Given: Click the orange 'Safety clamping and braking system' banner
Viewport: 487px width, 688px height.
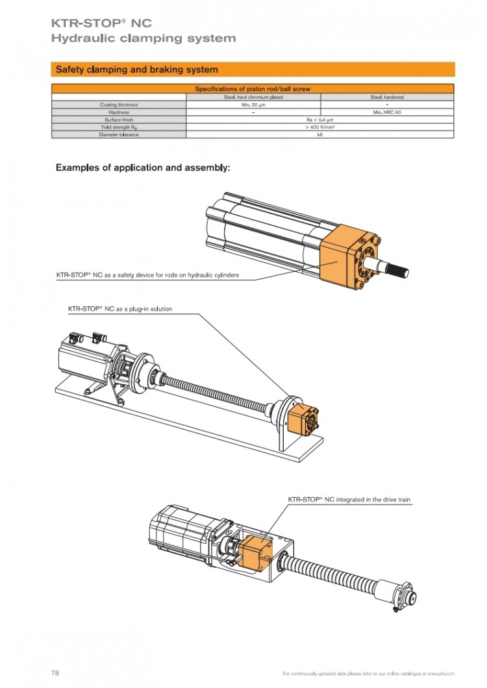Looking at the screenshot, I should coord(253,69).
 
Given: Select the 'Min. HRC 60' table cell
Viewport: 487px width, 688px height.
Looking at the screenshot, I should coord(387,112).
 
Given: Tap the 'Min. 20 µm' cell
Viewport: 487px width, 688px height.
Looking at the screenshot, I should coord(253,104).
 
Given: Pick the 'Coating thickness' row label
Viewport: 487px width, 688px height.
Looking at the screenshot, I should coord(119,104).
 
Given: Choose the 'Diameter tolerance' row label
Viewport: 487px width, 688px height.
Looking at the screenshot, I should coord(119,134).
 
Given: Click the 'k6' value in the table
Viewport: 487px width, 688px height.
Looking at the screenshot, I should coord(320,134).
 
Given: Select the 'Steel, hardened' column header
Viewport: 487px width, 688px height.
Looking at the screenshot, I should coord(387,97).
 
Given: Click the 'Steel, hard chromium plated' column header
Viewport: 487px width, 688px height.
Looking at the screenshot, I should coord(253,97).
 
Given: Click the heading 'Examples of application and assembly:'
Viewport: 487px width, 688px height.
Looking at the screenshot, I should coord(143,168).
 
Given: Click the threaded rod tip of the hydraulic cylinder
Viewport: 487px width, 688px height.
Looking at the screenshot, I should coord(400,271).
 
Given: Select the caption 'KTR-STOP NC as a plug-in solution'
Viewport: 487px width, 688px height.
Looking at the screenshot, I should coord(120,309).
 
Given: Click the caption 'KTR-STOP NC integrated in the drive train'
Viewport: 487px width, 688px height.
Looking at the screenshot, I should coord(349,500).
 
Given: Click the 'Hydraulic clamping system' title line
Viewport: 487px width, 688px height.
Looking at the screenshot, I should coord(144,38).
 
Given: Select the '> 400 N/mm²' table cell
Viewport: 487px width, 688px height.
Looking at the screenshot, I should coord(320,127).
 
